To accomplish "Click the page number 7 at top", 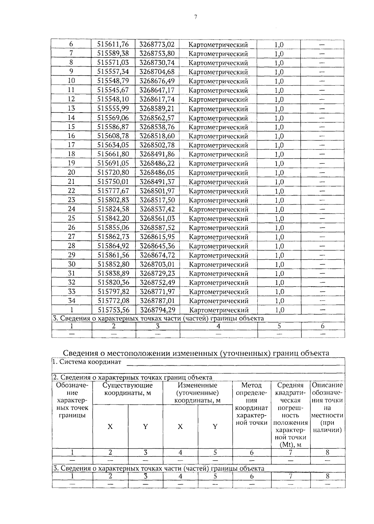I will pyautogui.click(x=195, y=17).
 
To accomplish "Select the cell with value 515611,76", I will pyautogui.click(x=113, y=44).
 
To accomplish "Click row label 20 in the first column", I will pyautogui.click(x=71, y=172).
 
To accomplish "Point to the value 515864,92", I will pyautogui.click(x=113, y=246).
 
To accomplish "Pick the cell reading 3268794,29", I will pyautogui.click(x=157, y=310).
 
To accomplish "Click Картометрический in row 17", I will pyautogui.click(x=218, y=145).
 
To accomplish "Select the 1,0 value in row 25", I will pyautogui.click(x=279, y=218).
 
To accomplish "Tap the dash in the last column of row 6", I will pyautogui.click(x=322, y=44).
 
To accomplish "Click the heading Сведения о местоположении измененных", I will pyautogui.click(x=196, y=353).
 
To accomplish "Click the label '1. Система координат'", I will pyautogui.click(x=87, y=362).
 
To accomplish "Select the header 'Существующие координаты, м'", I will pyautogui.click(x=127, y=389).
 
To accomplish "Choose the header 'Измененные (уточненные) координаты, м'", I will pyautogui.click(x=197, y=393).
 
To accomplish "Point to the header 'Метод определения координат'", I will pyautogui.click(x=252, y=404).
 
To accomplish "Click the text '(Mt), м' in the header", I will pyautogui.click(x=290, y=445).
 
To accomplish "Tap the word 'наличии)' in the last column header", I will pyautogui.click(x=327, y=430).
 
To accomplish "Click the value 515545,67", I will pyautogui.click(x=113, y=90).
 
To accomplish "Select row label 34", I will pyautogui.click(x=71, y=301).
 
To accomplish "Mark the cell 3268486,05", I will pyautogui.click(x=157, y=172).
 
